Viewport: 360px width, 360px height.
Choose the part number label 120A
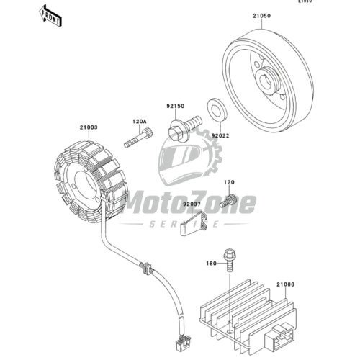pyautogui.click(x=139, y=121)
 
